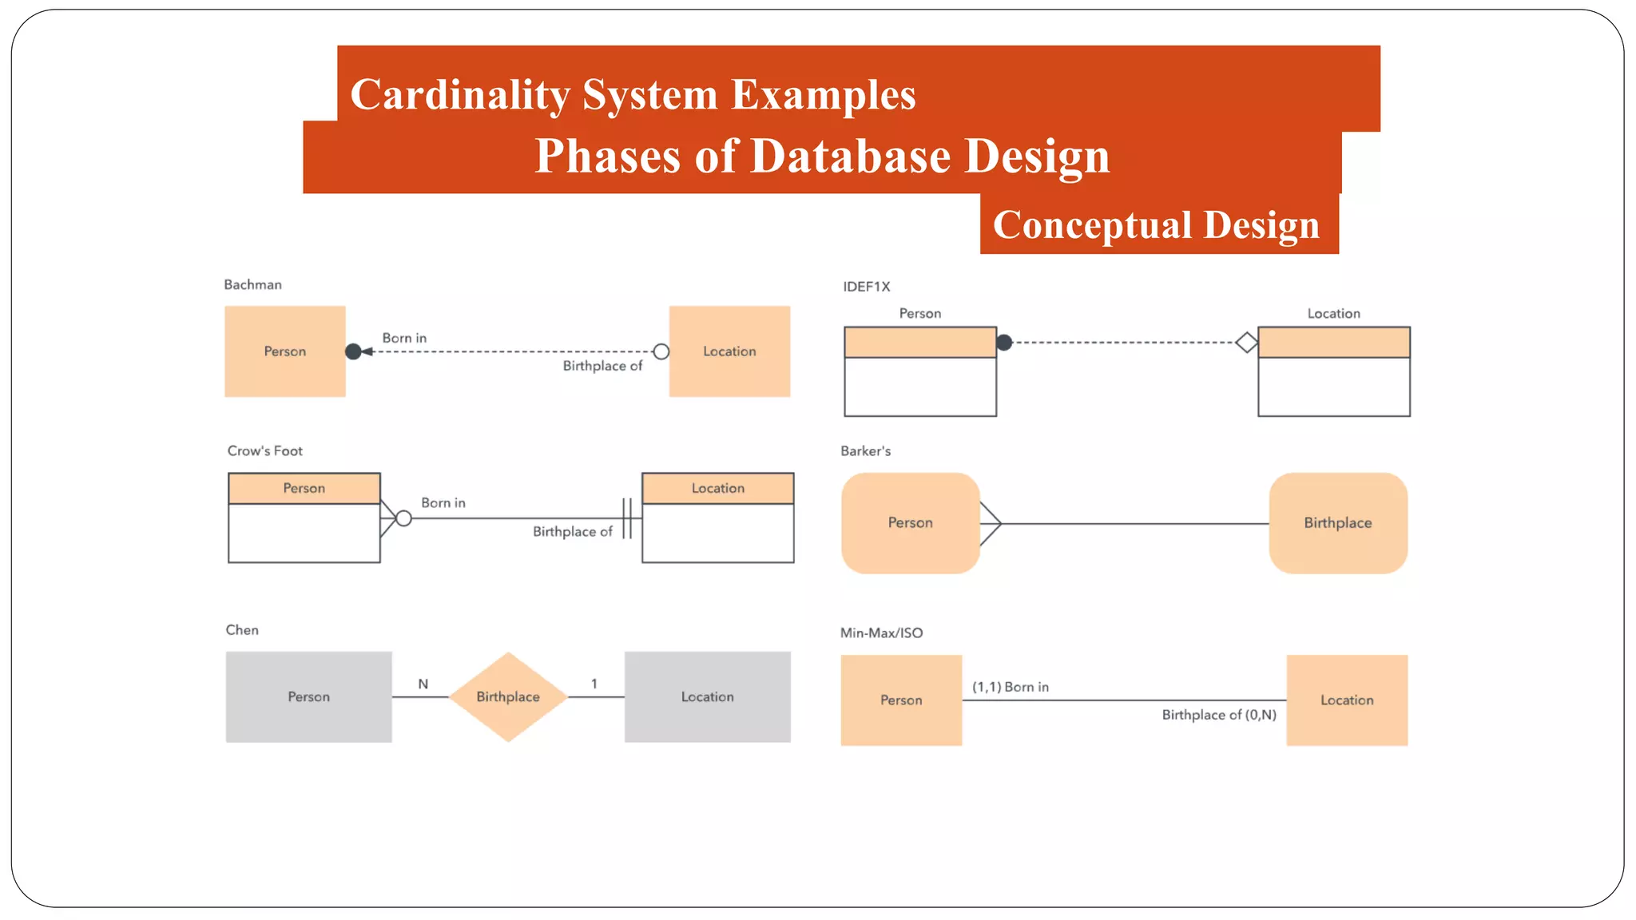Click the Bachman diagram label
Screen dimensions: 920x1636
(x=252, y=284)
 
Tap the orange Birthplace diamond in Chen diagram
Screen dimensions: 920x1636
(x=508, y=696)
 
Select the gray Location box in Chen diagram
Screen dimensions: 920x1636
(x=707, y=696)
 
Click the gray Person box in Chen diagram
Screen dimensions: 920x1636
(x=308, y=696)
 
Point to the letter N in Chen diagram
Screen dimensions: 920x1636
(x=423, y=684)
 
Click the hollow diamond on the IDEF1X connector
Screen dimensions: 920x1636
(x=1246, y=343)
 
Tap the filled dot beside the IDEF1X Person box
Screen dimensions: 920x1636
(x=1005, y=343)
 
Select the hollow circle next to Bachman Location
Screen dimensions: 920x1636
(x=661, y=351)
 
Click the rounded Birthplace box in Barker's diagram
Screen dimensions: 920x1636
(x=1338, y=523)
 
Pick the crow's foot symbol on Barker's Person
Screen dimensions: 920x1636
(x=991, y=524)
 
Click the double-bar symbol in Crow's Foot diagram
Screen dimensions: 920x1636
(x=628, y=518)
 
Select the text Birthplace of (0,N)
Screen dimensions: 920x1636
(x=1219, y=715)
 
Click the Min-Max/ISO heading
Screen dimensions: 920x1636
(x=881, y=632)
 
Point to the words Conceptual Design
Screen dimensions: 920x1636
(x=1156, y=224)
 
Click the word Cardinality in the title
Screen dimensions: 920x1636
(x=459, y=94)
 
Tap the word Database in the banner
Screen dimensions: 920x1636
(x=850, y=156)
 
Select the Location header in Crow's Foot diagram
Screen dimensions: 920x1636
(x=717, y=488)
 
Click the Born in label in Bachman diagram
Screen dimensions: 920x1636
(x=404, y=338)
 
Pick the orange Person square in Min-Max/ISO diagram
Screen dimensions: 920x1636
(x=901, y=700)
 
